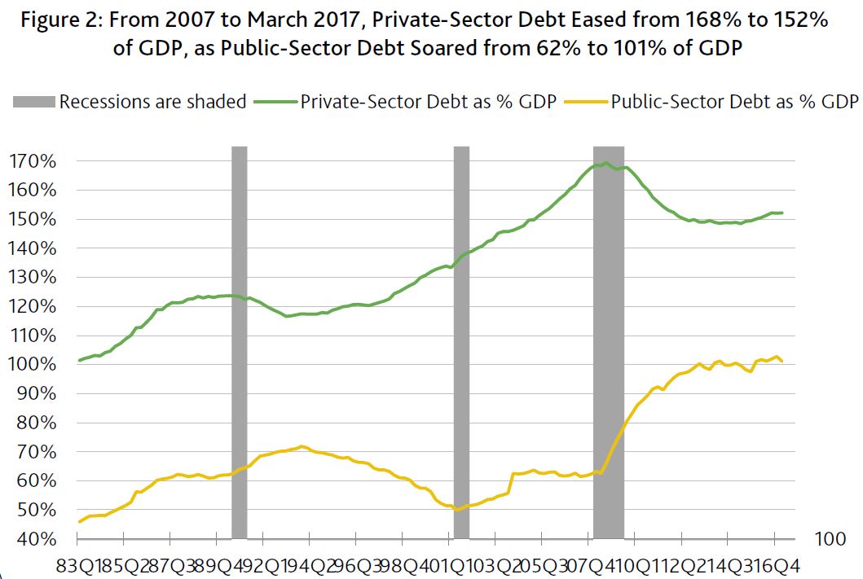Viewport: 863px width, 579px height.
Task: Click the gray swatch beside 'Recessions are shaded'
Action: (x=33, y=102)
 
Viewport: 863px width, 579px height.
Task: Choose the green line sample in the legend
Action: (x=275, y=102)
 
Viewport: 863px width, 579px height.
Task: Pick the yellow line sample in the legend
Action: (x=586, y=102)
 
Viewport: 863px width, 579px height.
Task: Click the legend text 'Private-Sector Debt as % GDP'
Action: (x=429, y=102)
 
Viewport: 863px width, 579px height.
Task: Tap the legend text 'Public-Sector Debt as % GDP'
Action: (x=733, y=102)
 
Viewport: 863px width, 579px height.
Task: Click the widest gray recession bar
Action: (x=608, y=342)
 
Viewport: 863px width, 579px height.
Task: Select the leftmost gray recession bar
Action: (x=239, y=342)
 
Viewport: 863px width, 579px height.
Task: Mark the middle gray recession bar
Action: (x=461, y=342)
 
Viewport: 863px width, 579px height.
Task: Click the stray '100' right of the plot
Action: (x=830, y=539)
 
